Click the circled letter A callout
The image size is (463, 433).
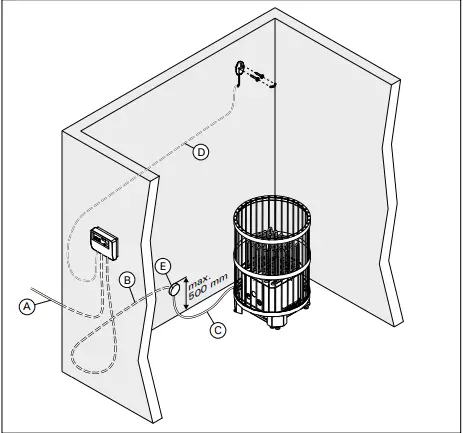pyautogui.click(x=29, y=308)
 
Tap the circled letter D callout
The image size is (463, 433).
pyautogui.click(x=199, y=152)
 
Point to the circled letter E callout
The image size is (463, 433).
pyautogui.click(x=163, y=266)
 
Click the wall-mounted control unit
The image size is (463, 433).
pyautogui.click(x=103, y=241)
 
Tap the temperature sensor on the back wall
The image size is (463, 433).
pyautogui.click(x=240, y=68)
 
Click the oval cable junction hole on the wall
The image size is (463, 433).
pyautogui.click(x=174, y=289)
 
